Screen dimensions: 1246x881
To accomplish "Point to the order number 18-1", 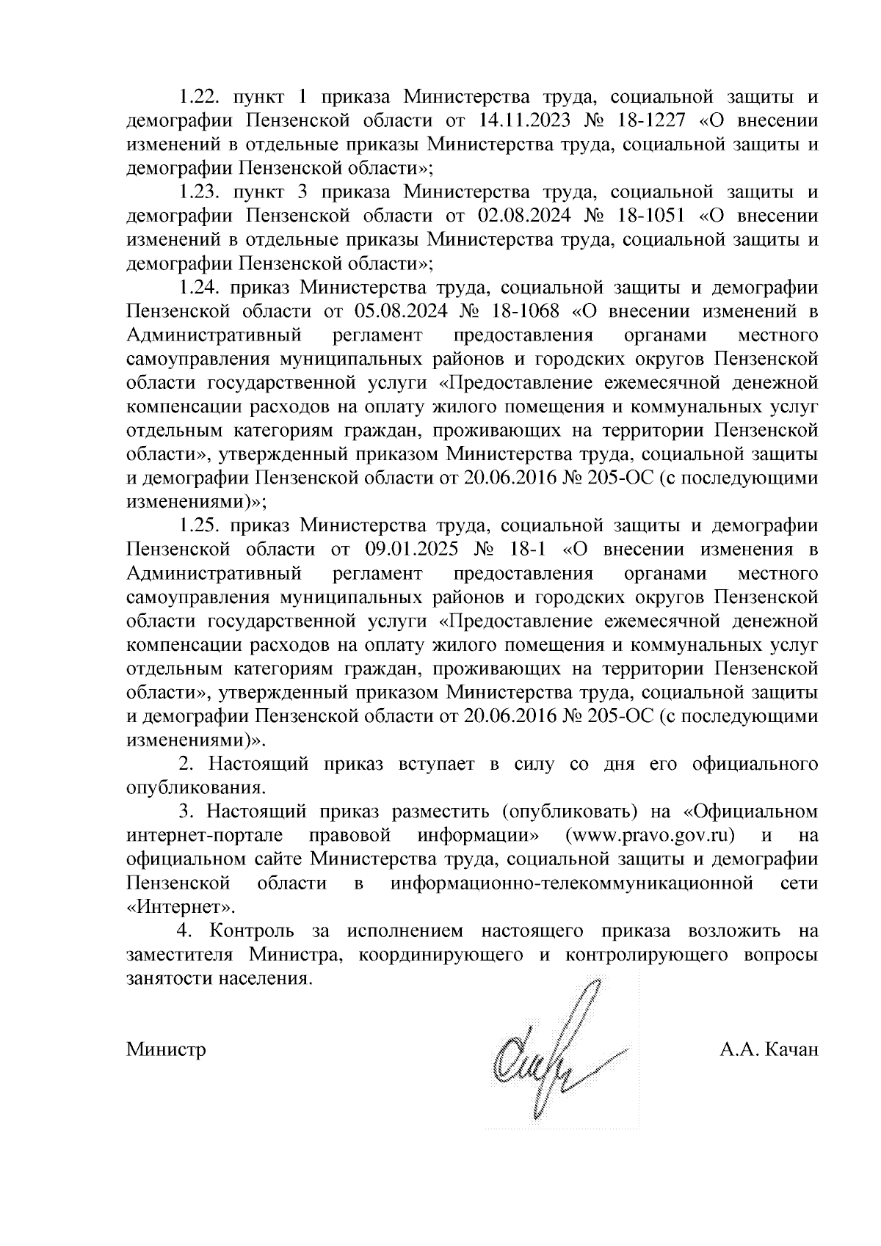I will [x=524, y=550].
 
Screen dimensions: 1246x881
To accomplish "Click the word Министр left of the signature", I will [x=166, y=1049].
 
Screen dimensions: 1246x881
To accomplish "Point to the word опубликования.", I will [x=195, y=789].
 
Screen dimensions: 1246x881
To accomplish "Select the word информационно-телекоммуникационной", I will [x=572, y=884].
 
